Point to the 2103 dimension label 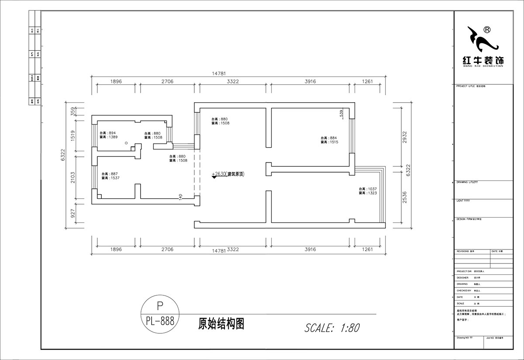click(x=73, y=177)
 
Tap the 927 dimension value click(x=73, y=213)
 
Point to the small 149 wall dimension click(x=180, y=197)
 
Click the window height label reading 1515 click(x=329, y=142)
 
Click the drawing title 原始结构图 click(x=221, y=324)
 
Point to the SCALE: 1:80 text click(x=332, y=327)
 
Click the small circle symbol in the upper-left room click(x=126, y=143)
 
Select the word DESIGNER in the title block click(x=462, y=277)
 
